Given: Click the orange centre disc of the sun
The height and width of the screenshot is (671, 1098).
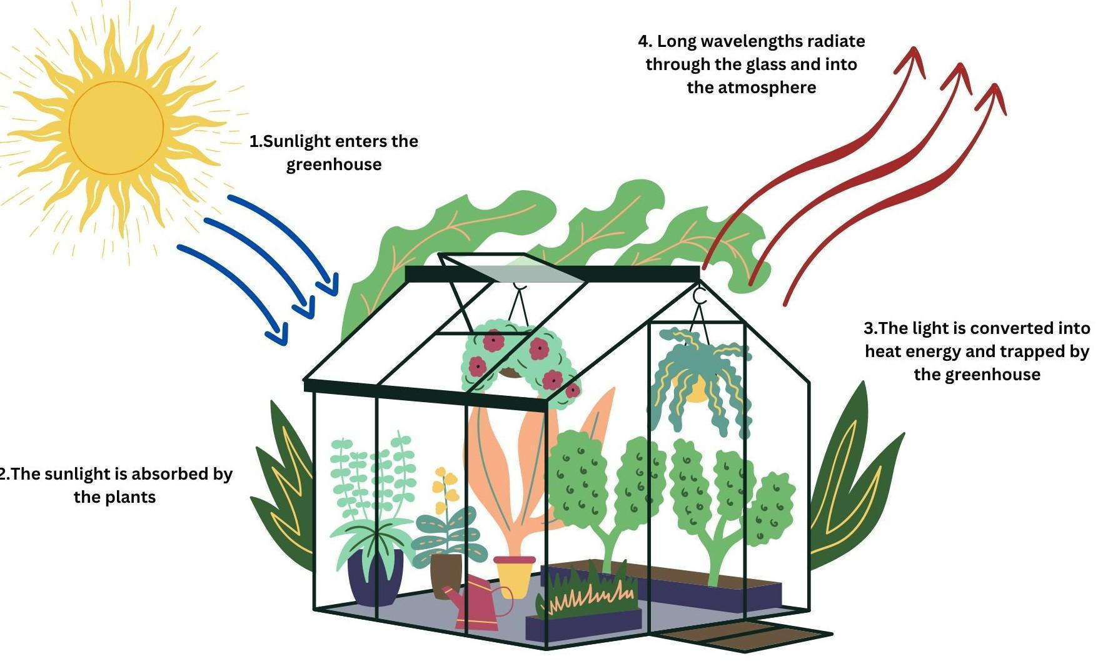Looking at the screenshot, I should coord(116,128).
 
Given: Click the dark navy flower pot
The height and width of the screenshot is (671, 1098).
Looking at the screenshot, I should coord(374,578).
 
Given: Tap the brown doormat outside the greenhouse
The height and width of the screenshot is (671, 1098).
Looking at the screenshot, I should coord(744,637).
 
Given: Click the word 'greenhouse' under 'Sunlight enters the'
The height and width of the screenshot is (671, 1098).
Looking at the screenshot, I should coord(334,165).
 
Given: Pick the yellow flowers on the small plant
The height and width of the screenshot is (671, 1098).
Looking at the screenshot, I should coord(445,485).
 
